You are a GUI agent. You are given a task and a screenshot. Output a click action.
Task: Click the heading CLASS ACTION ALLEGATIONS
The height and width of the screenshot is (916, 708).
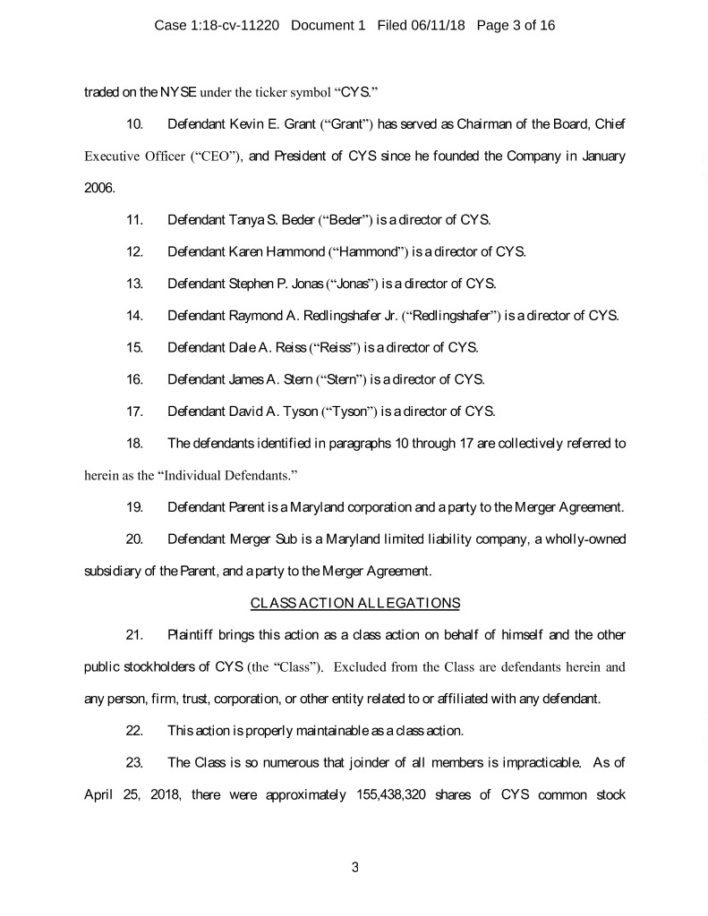tap(355, 602)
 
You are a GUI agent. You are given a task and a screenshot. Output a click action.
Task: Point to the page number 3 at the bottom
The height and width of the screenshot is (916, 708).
tap(354, 866)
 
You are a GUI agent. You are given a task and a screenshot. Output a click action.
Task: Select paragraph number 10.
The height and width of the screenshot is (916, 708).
tap(135, 122)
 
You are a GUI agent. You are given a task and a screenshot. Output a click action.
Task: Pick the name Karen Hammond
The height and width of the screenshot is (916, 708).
tap(279, 251)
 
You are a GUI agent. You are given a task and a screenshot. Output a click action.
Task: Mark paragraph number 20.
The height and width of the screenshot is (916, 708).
tap(135, 539)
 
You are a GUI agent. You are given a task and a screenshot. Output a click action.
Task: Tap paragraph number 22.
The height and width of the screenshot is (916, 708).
tap(135, 730)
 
